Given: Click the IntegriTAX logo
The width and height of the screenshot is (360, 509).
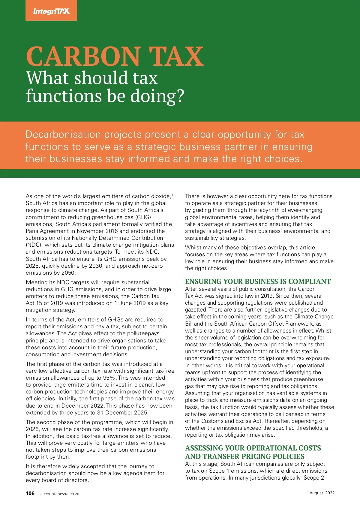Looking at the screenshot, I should click(51, 11).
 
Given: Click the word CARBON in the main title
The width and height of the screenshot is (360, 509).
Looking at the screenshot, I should click(83, 56).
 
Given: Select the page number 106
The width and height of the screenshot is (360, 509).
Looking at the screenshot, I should click(30, 493).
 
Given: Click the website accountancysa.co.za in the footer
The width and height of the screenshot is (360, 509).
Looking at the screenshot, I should click(60, 494).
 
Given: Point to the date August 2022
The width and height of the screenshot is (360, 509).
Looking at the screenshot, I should click(322, 493).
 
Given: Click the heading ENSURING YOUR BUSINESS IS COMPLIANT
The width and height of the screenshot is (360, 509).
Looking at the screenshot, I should click(258, 282).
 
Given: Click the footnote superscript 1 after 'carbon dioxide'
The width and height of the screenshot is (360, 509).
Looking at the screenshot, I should click(172, 195).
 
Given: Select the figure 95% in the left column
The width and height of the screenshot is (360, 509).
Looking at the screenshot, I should click(109, 378).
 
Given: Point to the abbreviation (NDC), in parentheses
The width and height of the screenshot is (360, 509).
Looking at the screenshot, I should click(34, 245).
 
